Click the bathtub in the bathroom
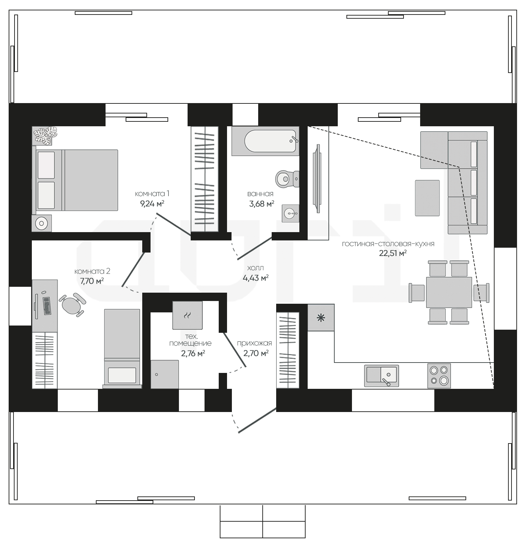tap(265, 141)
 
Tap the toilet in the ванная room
tap(287, 179)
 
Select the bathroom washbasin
tap(290, 214)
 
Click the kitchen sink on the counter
tap(381, 375)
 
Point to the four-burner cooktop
tap(439, 375)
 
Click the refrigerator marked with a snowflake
tap(321, 318)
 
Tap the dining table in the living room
tap(449, 292)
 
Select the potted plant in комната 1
tap(45, 135)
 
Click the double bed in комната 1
tap(75, 180)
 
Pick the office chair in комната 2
tap(72, 305)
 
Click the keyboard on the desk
tap(47, 306)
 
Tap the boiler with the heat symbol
tap(188, 315)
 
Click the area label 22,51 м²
tap(393, 253)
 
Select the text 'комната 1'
tap(152, 193)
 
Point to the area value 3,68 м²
tap(262, 203)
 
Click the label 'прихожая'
tap(254, 343)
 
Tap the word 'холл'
tap(255, 268)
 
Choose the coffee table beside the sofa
tap(427, 198)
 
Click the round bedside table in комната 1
tap(42, 223)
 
